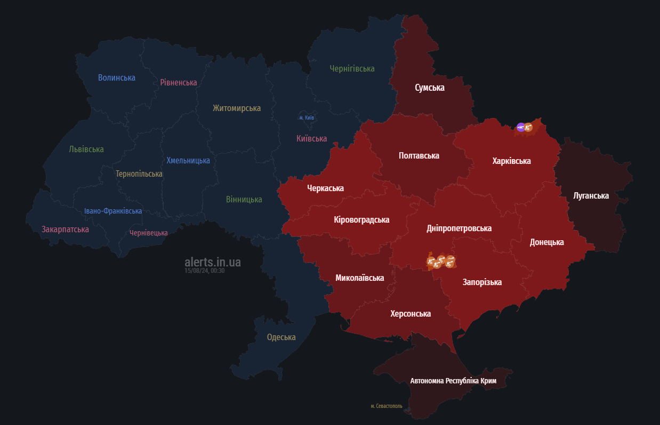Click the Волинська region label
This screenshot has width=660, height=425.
pos(117,77)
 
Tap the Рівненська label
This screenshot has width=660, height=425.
pos(179,82)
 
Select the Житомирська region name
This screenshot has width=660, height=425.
pos(237,108)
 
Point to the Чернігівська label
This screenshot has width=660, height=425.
pos(352,68)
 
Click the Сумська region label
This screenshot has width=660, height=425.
pos(430,87)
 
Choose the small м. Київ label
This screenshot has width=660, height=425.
pos(307,117)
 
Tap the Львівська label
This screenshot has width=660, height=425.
pos(86,149)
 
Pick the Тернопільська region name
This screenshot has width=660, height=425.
pos(139,174)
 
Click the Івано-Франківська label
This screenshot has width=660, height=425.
pos(113,211)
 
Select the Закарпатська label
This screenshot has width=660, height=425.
pos(65,229)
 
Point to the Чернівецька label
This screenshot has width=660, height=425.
pos(148,233)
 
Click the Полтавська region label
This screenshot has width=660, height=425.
pos(419,155)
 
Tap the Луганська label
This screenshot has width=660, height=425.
pos(591,195)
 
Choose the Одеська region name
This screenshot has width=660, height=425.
pos(281,337)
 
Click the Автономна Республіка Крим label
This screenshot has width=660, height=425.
pos(453,381)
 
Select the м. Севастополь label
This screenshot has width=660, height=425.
pos(387,406)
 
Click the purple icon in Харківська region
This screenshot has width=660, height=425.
pos(521,127)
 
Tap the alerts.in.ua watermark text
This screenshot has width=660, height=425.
pos(213,262)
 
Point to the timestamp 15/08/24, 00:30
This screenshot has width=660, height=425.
pos(205,271)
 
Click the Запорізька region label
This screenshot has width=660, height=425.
pos(482,282)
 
